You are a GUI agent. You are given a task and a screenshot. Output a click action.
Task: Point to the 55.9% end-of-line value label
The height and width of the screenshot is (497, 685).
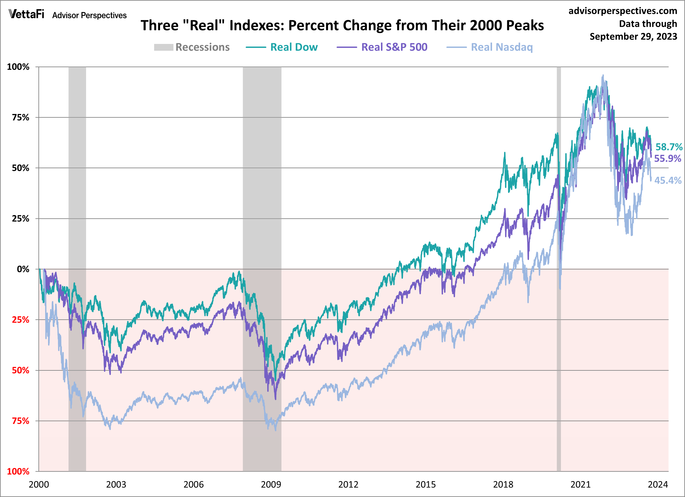coord(667,158)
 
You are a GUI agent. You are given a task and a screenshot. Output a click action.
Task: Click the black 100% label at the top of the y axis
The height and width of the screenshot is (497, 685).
coord(18,67)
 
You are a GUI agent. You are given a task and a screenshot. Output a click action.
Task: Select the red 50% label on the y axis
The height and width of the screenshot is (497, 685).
coord(21,370)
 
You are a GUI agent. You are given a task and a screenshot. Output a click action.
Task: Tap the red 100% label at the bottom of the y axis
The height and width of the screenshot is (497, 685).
coord(18,472)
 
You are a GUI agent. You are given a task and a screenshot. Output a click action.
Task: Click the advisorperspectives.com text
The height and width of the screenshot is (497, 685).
coord(623,11)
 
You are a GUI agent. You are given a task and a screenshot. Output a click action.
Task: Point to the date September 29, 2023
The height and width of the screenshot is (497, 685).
coord(633,36)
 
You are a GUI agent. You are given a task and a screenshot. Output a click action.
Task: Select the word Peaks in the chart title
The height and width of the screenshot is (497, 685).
coord(525,25)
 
